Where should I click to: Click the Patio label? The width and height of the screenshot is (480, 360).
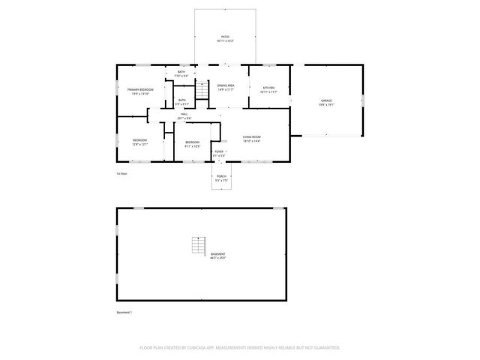tap(225, 37)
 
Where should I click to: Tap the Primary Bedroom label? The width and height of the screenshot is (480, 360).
tap(139, 91)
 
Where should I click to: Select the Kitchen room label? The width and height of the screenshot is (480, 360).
tap(268, 90)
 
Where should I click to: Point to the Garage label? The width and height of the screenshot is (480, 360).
tap(326, 103)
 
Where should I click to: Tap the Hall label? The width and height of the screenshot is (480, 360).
tap(184, 116)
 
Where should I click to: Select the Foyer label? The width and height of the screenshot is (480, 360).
tap(219, 154)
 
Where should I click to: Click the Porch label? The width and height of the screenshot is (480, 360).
tap(220, 178)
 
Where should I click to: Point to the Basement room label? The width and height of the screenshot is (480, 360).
tap(218, 256)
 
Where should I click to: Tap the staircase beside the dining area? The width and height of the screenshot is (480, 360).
tap(202, 90)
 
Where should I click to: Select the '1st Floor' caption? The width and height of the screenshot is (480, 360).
tap(121, 173)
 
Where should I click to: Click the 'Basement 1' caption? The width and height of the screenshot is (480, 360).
tap(124, 312)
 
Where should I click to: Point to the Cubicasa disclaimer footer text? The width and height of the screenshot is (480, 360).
tap(240, 348)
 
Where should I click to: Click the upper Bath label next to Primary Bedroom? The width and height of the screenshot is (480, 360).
tap(181, 74)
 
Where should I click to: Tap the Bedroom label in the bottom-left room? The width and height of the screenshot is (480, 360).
tap(139, 142)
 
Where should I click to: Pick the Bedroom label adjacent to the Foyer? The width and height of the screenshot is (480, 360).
tap(192, 143)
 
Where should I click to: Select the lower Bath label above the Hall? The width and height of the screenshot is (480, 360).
tap(181, 101)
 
